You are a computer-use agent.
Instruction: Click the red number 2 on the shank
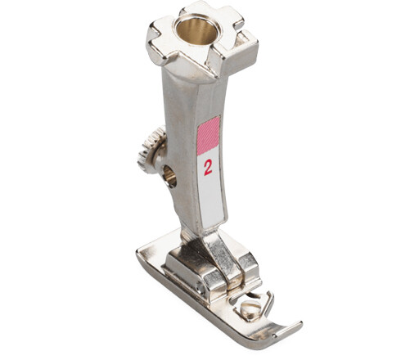click(208, 167)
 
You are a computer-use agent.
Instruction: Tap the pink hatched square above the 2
click(209, 135)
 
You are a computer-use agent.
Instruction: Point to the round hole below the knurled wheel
click(169, 174)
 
